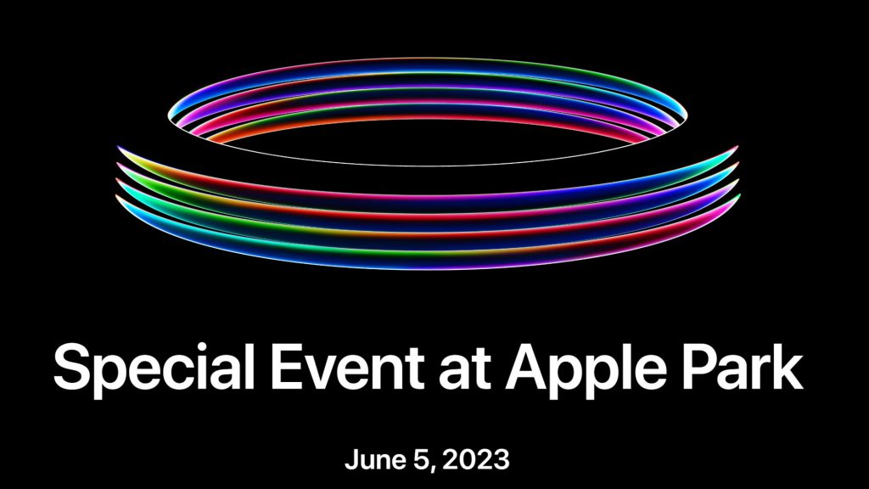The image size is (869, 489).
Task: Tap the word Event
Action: [347, 367]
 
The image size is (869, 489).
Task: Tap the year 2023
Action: [476, 459]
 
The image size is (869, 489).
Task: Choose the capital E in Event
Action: [286, 367]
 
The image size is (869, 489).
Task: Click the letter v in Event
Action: [325, 373]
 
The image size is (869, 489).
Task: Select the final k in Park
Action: [788, 367]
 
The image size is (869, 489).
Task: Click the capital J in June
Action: [352, 460]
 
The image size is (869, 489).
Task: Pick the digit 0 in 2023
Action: [468, 460]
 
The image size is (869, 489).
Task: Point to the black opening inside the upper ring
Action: [427, 141]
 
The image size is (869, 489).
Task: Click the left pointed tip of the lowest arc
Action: [115, 196]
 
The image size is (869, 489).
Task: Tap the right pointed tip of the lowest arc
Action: [740, 194]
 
